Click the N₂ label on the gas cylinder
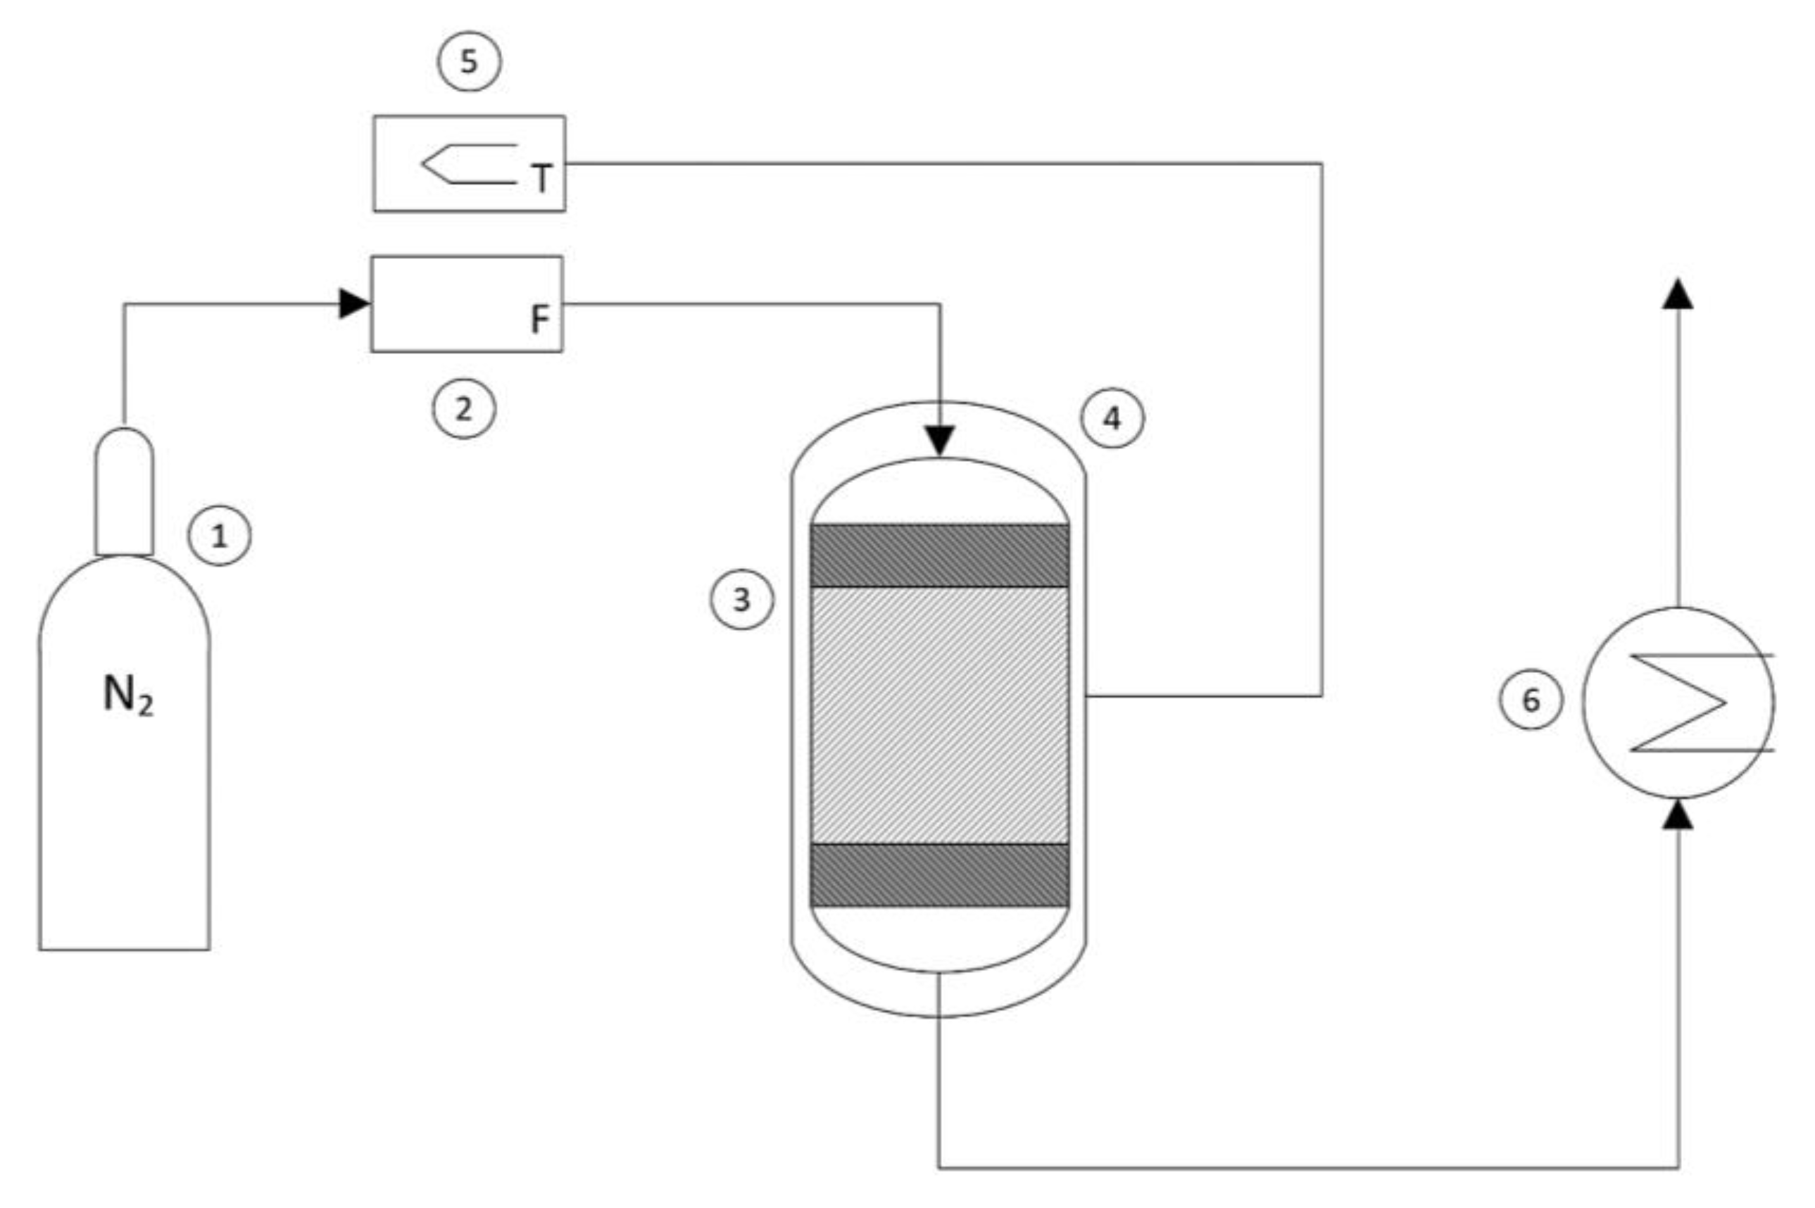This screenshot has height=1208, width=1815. point(128,695)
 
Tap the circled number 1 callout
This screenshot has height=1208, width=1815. point(220,536)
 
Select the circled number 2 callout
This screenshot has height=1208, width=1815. point(463,408)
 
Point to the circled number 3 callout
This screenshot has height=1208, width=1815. point(741,598)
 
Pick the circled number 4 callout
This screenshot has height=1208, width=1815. point(1112,418)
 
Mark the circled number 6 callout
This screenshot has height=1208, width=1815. point(1531,700)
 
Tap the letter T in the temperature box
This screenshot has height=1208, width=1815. point(541,179)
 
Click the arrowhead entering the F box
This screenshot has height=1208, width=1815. point(354,303)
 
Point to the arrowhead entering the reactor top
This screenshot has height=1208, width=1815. point(940,441)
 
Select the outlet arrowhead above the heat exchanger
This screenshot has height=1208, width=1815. point(1678,294)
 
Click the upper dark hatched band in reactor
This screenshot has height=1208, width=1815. point(939,555)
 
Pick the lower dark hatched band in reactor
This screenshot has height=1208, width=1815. point(939,875)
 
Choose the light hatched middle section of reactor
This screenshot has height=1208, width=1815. point(939,715)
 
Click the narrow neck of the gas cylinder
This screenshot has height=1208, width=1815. point(124,493)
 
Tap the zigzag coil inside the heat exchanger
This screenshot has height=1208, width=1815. point(1679,702)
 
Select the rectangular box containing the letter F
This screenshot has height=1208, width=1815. point(467,303)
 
